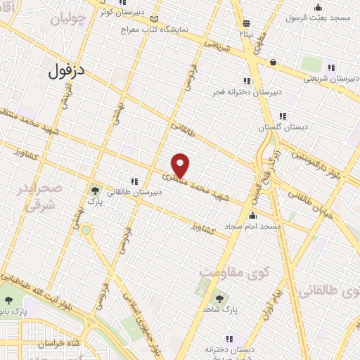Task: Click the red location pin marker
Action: tap(181, 166)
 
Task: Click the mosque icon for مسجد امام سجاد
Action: tap(252, 215)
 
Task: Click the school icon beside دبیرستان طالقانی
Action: tap(134, 181)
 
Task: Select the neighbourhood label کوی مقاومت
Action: tap(229, 271)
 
